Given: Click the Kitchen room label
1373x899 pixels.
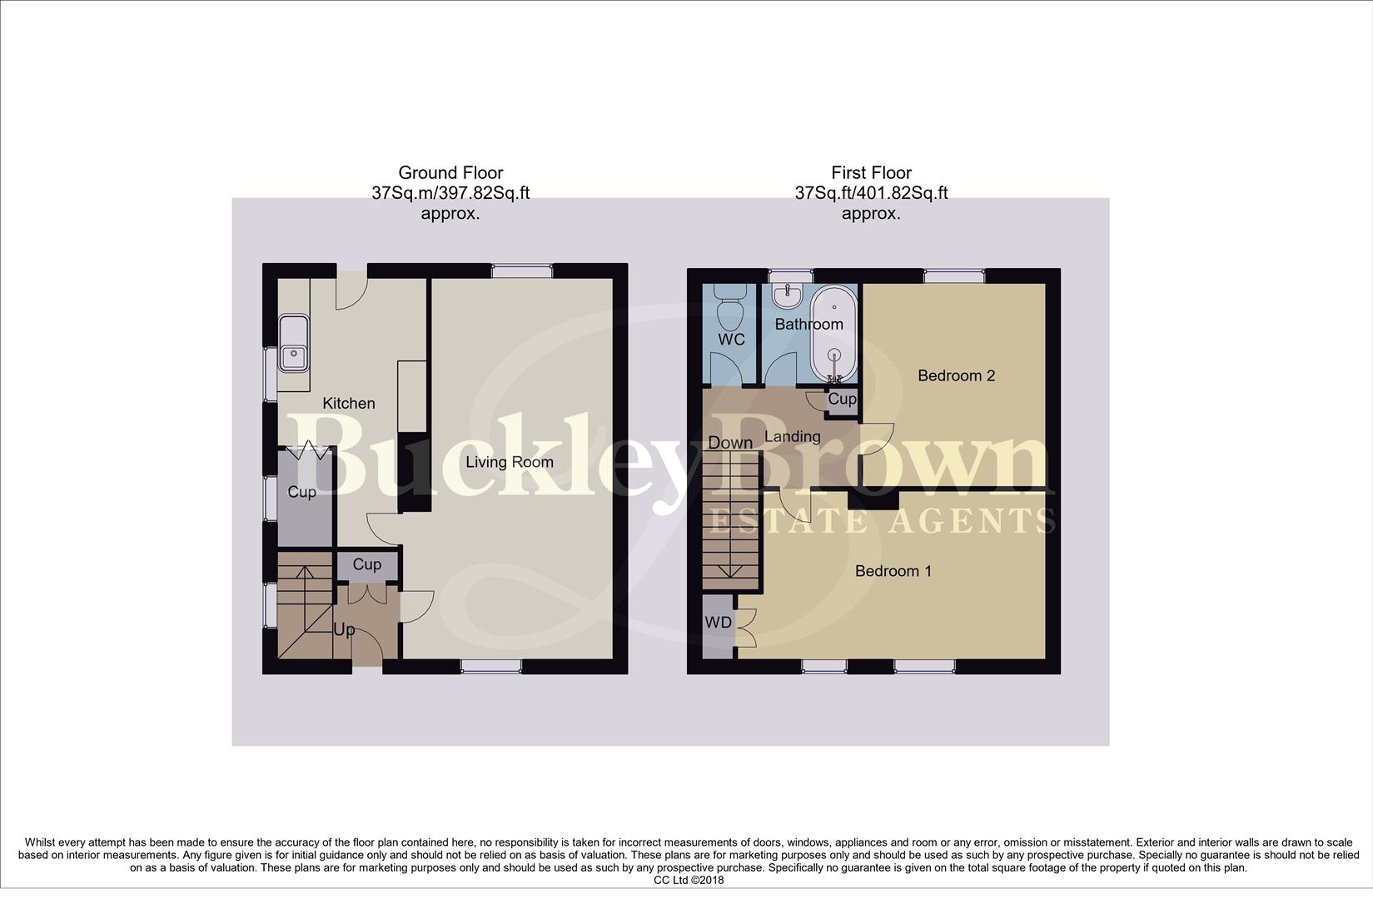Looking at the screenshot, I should [349, 403].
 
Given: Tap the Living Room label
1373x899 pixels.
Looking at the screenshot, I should [509, 462].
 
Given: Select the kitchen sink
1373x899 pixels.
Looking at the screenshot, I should [293, 344].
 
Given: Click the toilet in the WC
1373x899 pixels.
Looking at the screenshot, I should [730, 311].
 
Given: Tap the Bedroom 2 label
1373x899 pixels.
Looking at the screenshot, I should [956, 375].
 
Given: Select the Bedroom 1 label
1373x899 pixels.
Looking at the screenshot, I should [893, 571].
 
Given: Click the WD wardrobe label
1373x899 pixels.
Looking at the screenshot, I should [718, 623].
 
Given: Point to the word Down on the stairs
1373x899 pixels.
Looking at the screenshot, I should [729, 443].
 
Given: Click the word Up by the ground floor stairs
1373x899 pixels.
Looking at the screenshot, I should [344, 629].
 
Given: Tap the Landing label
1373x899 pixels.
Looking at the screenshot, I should [792, 436].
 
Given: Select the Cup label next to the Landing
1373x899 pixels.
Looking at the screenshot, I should [842, 399].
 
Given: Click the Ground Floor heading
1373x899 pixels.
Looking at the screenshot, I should [450, 173].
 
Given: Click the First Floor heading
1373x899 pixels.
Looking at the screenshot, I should [871, 173].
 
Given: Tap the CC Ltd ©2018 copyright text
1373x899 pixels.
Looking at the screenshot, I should [689, 880].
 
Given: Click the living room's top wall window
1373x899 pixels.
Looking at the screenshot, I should [522, 271].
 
